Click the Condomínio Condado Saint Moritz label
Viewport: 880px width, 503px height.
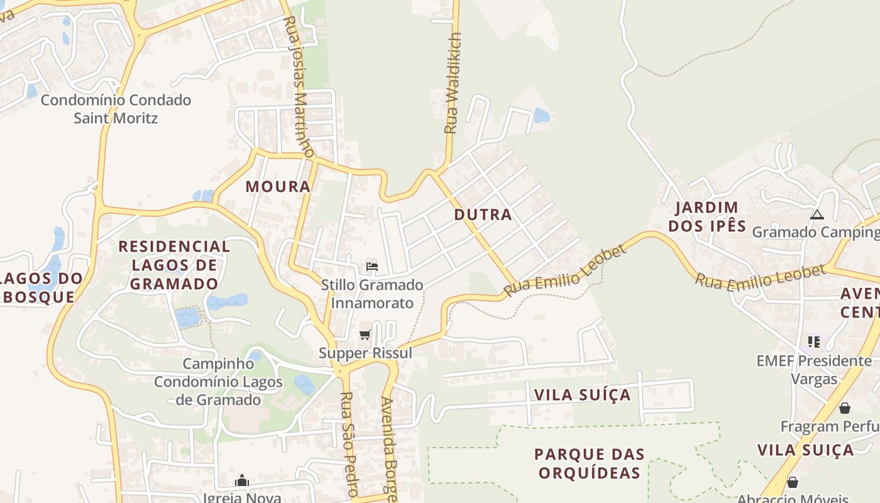tap(116, 109)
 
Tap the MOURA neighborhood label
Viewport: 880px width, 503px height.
tap(278, 187)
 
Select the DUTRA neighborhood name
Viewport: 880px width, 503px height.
tap(483, 215)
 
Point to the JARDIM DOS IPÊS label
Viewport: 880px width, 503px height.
tap(707, 217)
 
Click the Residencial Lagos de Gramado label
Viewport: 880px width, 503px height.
tap(174, 265)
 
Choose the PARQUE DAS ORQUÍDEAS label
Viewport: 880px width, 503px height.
tap(590, 463)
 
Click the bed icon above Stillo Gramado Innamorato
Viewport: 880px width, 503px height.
tap(372, 266)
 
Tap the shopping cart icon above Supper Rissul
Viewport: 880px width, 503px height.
tap(365, 334)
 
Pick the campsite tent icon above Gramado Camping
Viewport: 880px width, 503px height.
tap(817, 214)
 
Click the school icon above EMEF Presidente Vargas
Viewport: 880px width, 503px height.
tap(814, 342)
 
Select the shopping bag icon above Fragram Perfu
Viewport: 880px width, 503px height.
tap(844, 408)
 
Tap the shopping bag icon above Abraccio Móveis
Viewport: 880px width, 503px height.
tap(793, 482)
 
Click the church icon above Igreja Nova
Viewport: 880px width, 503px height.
tap(242, 481)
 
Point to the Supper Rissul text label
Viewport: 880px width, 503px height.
tap(365, 353)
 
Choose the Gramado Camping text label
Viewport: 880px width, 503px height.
tap(816, 232)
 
